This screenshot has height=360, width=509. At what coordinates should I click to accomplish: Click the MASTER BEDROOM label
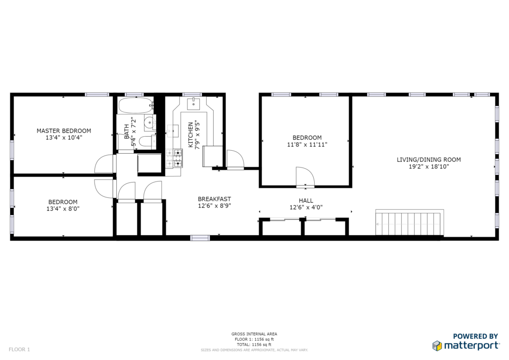tap(64, 131)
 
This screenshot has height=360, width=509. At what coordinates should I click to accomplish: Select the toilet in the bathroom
tap(147, 142)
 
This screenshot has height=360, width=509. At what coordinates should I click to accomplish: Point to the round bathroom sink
tap(150, 123)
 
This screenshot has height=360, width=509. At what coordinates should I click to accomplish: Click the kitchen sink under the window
tap(193, 103)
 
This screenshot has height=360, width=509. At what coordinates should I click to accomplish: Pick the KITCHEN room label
tap(190, 135)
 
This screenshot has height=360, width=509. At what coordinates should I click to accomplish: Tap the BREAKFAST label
tap(214, 199)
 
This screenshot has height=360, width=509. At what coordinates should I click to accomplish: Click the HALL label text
tap(306, 200)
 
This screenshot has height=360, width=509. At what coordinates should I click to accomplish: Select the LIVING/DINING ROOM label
tap(428, 160)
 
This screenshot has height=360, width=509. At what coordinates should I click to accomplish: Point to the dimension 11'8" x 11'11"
tap(307, 145)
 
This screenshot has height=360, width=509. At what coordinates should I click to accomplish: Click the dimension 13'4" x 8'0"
tap(63, 209)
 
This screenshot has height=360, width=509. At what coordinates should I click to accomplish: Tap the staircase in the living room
tap(410, 223)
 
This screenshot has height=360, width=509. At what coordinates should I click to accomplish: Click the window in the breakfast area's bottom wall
tap(200, 238)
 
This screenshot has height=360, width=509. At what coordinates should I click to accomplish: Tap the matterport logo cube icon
tap(437, 346)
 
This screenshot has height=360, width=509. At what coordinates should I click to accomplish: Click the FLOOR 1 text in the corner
tap(19, 350)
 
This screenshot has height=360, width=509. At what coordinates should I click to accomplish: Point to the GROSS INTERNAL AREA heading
tap(254, 334)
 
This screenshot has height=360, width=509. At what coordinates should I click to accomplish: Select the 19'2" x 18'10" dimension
tap(428, 167)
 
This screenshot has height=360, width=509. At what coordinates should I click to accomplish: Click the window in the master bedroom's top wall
tap(97, 94)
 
